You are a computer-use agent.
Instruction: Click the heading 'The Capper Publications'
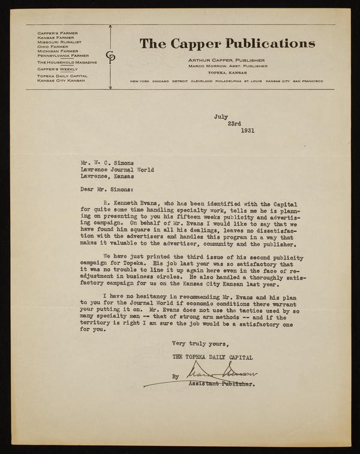[227, 43]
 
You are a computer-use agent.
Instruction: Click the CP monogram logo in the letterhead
[110, 56]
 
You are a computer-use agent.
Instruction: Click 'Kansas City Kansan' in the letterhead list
[61, 80]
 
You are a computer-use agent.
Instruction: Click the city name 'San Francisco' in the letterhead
[308, 81]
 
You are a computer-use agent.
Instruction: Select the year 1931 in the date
[248, 130]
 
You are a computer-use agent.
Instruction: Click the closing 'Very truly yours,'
[200, 344]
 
